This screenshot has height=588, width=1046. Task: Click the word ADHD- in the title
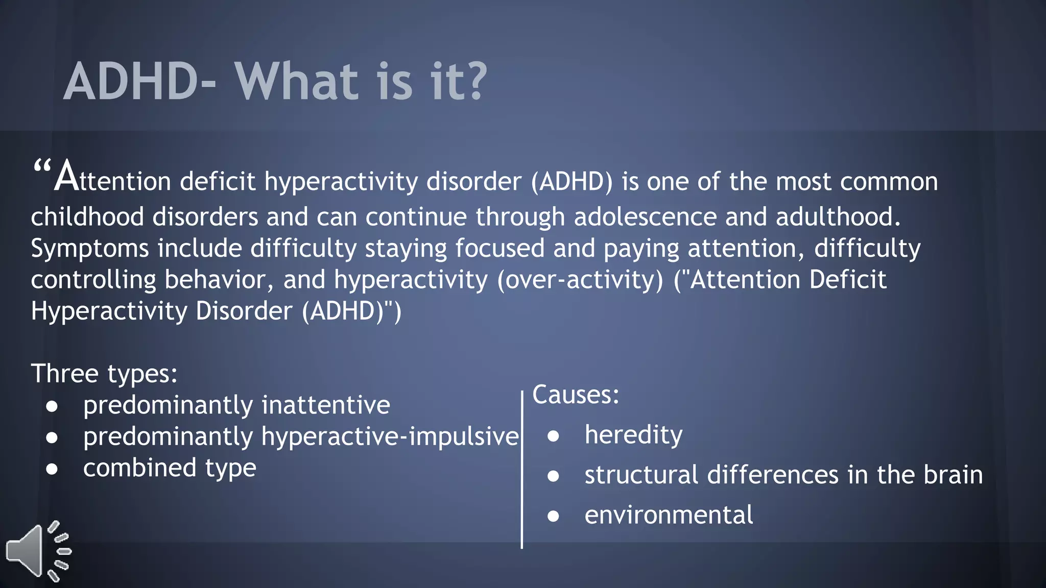pyautogui.click(x=139, y=82)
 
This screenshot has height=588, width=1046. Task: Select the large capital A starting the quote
pyautogui.click(x=66, y=177)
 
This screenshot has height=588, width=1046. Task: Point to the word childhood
pyautogui.click(x=87, y=217)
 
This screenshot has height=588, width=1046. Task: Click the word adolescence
pyautogui.click(x=645, y=217)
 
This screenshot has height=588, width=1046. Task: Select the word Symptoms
pyautogui.click(x=89, y=249)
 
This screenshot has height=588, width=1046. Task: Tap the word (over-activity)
pyautogui.click(x=580, y=280)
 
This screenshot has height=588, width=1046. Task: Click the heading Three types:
pyautogui.click(x=104, y=374)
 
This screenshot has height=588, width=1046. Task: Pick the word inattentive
pyautogui.click(x=326, y=405)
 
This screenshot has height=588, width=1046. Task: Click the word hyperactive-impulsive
pyautogui.click(x=390, y=437)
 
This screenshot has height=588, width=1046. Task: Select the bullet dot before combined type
pyautogui.click(x=52, y=469)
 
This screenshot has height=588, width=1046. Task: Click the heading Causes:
pyautogui.click(x=576, y=395)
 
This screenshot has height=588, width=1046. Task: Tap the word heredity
pyautogui.click(x=633, y=435)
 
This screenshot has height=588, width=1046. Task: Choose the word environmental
pyautogui.click(x=669, y=515)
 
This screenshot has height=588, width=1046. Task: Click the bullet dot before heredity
pyautogui.click(x=553, y=436)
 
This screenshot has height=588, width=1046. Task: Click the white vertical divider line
pyautogui.click(x=521, y=470)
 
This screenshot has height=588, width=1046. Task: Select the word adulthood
pyautogui.click(x=838, y=217)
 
